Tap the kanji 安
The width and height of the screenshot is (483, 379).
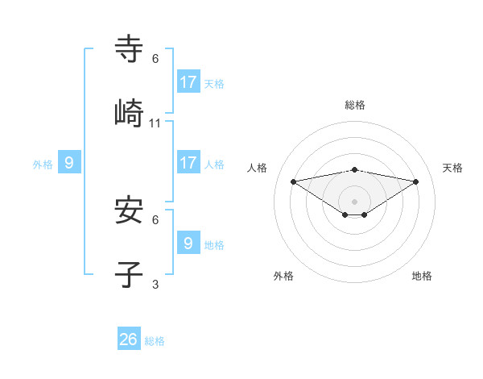(130, 210)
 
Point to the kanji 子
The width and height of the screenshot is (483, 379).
(130, 274)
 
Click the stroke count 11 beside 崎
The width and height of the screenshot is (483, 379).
(155, 123)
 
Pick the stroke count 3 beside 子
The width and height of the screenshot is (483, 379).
(155, 284)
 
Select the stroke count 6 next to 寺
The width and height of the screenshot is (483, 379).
(155, 59)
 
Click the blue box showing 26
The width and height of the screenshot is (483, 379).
(129, 339)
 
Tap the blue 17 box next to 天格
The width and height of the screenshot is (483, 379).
(188, 82)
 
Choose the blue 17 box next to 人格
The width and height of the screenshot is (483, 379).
(188, 163)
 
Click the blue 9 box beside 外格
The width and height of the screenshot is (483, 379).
(69, 163)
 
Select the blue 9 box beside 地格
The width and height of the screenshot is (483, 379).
(188, 243)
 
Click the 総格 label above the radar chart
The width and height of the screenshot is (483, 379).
(354, 105)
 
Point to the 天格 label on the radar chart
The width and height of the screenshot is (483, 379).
(452, 168)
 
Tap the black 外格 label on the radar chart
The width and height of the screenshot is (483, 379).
(283, 276)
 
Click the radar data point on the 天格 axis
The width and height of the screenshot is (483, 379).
(415, 181)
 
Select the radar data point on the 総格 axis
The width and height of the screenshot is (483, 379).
(354, 169)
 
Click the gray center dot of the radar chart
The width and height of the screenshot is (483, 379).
(354, 201)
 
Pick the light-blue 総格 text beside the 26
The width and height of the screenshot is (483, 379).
(155, 341)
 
